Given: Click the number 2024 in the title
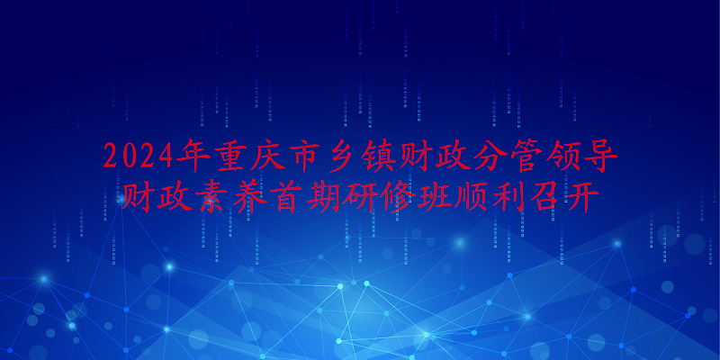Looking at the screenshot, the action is click(139, 156).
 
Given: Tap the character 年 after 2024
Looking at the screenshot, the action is click(193, 156).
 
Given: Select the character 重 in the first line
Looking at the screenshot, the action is click(229, 156).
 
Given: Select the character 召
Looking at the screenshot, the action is click(538, 196).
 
